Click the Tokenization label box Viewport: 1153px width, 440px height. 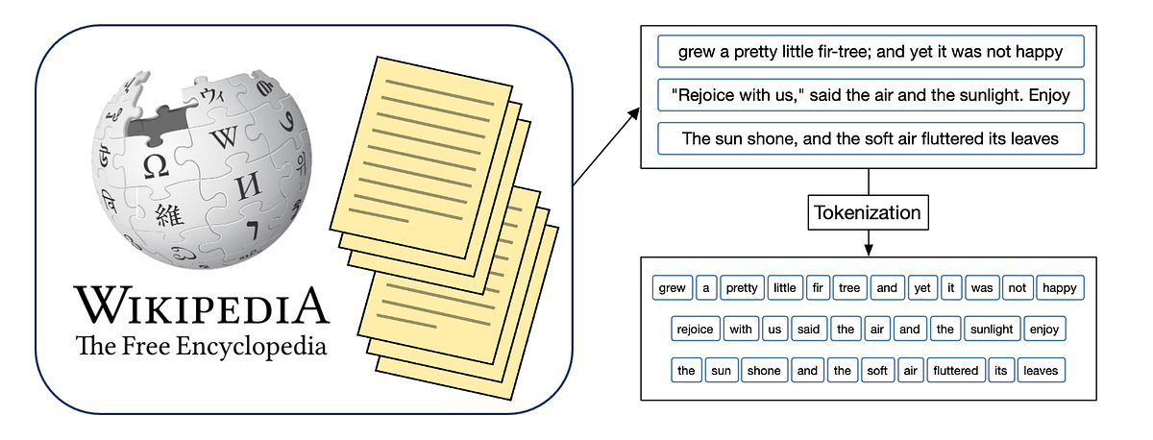point(869,212)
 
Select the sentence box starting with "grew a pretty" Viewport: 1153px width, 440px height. point(870,52)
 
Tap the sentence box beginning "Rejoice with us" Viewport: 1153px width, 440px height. point(870,95)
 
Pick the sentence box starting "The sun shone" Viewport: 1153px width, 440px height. point(870,138)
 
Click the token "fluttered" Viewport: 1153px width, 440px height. point(955,370)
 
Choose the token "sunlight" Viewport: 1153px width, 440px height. point(992,329)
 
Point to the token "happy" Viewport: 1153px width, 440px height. point(1060,287)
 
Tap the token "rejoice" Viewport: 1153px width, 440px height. point(695,329)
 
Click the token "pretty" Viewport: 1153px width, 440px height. point(742,287)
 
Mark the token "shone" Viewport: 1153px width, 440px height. point(764,370)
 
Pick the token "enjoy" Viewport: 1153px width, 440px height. point(1043,329)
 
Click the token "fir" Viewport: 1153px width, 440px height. point(818,287)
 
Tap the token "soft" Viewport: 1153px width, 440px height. point(877,370)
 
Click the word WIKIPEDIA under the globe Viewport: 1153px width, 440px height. point(202,306)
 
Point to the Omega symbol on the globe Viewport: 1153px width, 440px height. point(156,166)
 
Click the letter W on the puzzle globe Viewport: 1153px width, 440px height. point(224,136)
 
